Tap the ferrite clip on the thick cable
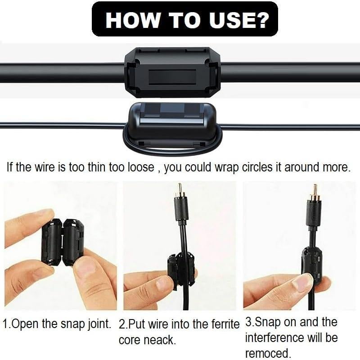172,72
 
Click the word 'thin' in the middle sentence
92,168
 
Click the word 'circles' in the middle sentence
247,168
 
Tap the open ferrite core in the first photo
63,241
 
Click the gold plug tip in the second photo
180,188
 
